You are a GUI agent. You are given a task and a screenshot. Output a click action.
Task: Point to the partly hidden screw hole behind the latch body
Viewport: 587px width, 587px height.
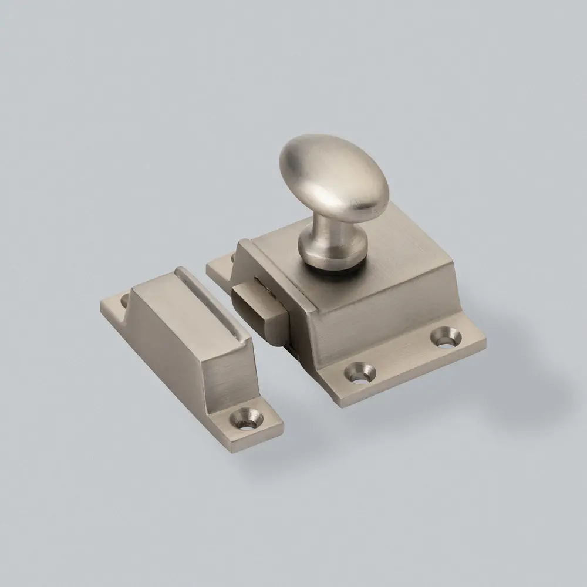click(x=233, y=257)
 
